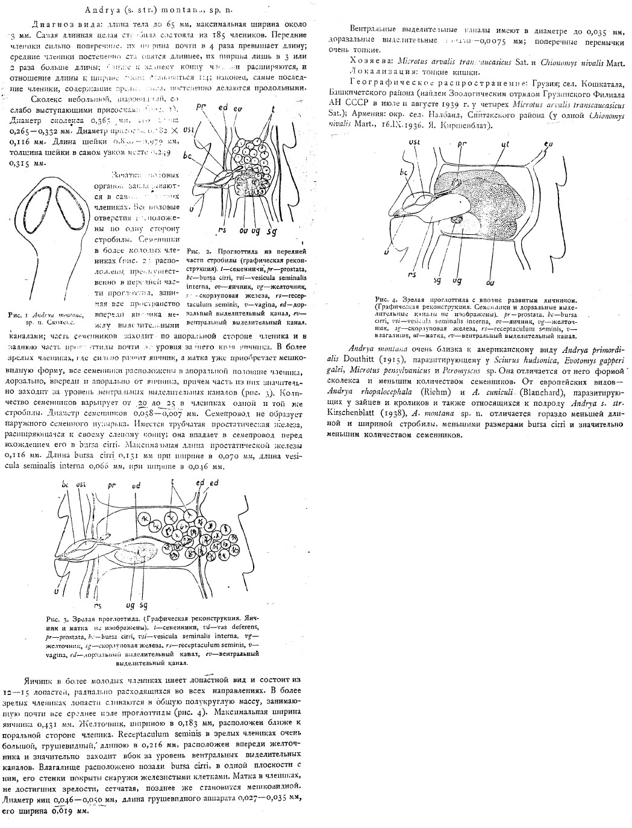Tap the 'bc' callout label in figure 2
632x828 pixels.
tap(187, 155)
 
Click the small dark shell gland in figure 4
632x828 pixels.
tap(457, 222)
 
